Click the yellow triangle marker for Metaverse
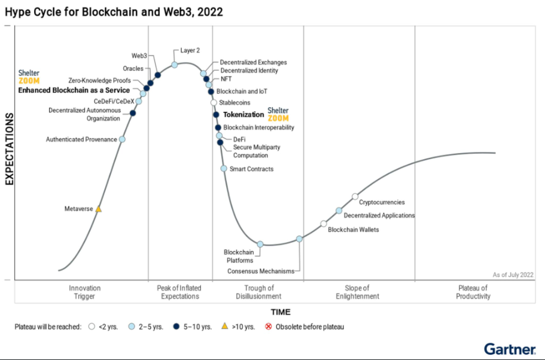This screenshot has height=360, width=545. coord(99,209)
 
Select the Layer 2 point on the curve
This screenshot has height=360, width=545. coord(175,65)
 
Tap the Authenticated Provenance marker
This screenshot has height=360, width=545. coord(122,139)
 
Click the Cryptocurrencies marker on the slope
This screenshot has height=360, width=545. coord(355,196)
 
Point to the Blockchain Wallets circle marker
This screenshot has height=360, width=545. coord(324,224)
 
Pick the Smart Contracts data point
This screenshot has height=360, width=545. coord(224,169)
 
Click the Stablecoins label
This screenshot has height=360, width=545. coord(235,103)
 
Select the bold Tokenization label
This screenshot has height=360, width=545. coord(243,114)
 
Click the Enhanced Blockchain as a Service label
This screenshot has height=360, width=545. coord(74,90)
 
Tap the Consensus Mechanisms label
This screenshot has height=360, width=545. coord(261,271)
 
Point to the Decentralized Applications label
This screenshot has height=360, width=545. coord(379,215)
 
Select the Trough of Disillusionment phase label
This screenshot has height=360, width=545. coord(258,292)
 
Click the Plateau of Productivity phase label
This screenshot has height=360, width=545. coord(473,292)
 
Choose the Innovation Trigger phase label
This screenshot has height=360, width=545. coord(85,292)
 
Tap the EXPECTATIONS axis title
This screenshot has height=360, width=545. coord(10,152)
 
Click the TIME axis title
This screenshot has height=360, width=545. coord(280,312)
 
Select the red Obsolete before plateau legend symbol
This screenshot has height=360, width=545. coord(269,327)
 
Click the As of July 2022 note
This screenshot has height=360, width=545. coord(513,274)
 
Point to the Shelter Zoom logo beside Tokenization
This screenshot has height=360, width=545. coord(278,114)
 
